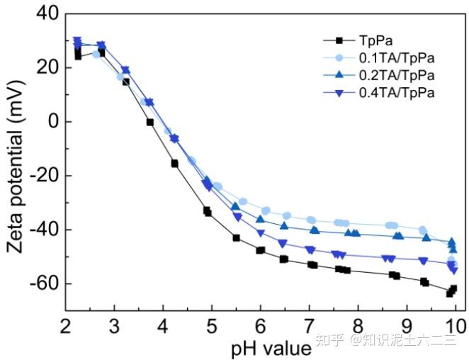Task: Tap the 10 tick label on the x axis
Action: click(455, 326)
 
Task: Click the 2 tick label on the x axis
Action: click(66, 326)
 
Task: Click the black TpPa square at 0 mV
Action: click(150, 122)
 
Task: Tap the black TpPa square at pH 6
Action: click(261, 250)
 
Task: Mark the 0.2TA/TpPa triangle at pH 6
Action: click(261, 219)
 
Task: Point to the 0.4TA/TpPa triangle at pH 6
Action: click(261, 233)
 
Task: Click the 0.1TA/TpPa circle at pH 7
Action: click(310, 220)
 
